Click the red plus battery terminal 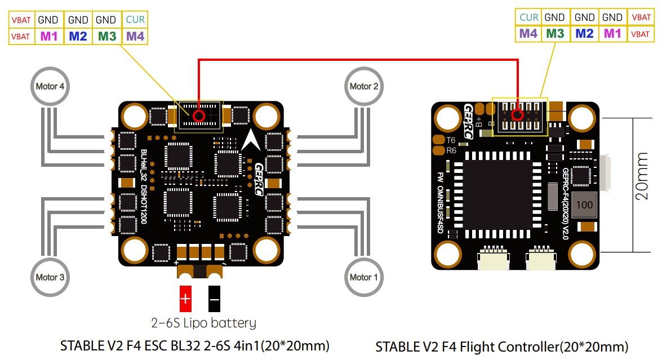(x=185, y=299)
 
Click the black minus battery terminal (x=215, y=299)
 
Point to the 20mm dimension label (x=642, y=176)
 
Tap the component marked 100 (x=584, y=205)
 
